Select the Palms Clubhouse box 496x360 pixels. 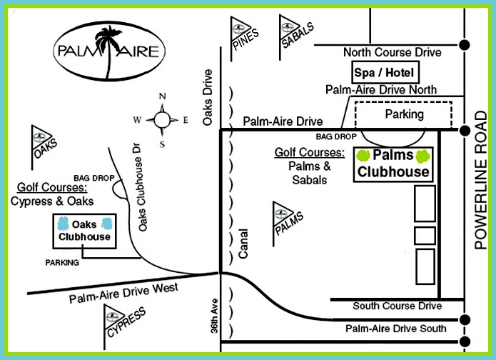393,164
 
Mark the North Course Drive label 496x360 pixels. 392,52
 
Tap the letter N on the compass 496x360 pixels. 162,96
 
